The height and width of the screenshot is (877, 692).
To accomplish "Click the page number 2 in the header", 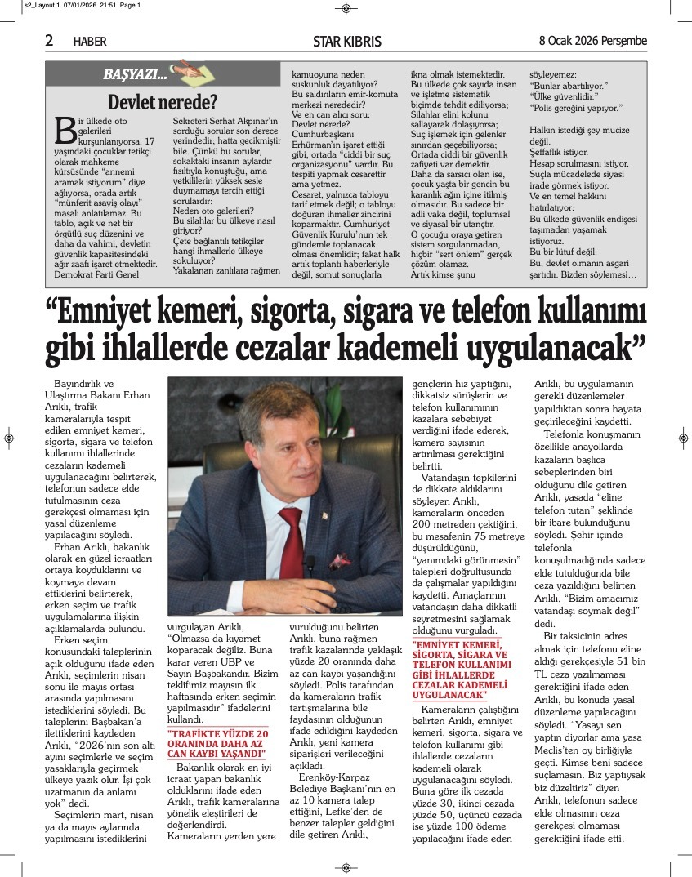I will tap(50, 40).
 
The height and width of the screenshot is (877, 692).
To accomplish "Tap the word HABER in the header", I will tap(89, 41).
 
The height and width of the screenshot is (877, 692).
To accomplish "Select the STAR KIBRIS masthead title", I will tap(346, 41).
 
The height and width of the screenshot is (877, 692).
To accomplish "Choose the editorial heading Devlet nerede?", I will tap(163, 102).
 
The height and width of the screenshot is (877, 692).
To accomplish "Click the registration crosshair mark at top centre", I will tap(346, 9).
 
